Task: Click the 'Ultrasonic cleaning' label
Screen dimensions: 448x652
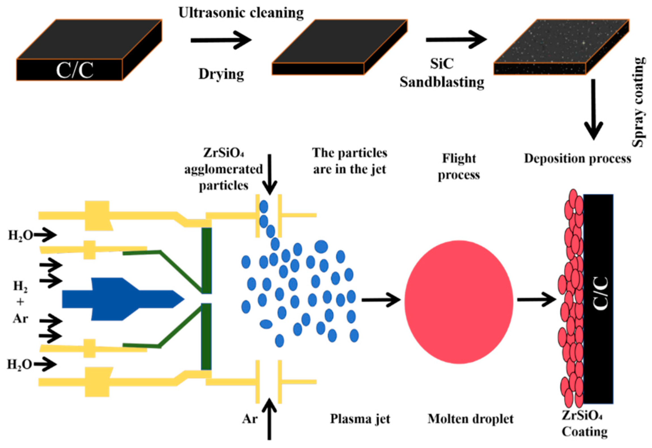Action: [241, 13]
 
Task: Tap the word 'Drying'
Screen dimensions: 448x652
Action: [221, 74]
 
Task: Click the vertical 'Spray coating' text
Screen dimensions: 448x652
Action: [638, 102]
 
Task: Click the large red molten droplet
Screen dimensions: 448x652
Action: [458, 302]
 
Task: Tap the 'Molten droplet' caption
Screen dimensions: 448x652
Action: [470, 419]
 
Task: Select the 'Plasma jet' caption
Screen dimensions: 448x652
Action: [360, 419]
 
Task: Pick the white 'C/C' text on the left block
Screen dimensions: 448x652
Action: [74, 70]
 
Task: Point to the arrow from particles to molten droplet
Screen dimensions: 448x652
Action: [380, 300]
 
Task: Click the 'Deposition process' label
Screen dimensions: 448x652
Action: [577, 158]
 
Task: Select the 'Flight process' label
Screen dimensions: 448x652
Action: [458, 166]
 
